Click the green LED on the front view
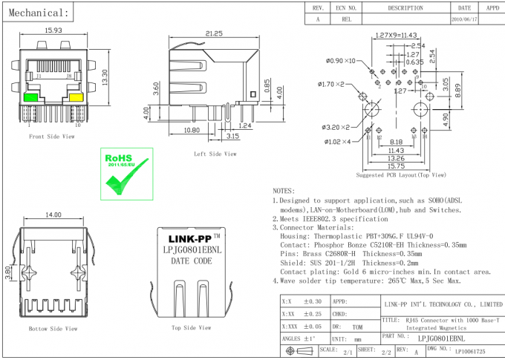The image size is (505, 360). (32, 96)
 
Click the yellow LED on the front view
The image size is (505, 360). (75, 96)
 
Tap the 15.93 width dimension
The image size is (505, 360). (53, 30)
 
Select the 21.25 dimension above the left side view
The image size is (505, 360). (215, 33)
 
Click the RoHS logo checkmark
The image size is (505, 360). (127, 179)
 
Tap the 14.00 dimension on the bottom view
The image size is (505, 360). (53, 215)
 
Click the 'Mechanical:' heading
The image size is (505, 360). (42, 13)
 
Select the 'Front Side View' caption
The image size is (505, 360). (52, 137)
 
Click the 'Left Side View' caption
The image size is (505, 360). (215, 154)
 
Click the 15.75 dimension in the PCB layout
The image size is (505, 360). (395, 166)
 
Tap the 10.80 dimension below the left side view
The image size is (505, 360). (191, 130)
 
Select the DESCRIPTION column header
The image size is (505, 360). (405, 7)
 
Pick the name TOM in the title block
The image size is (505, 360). (358, 326)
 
